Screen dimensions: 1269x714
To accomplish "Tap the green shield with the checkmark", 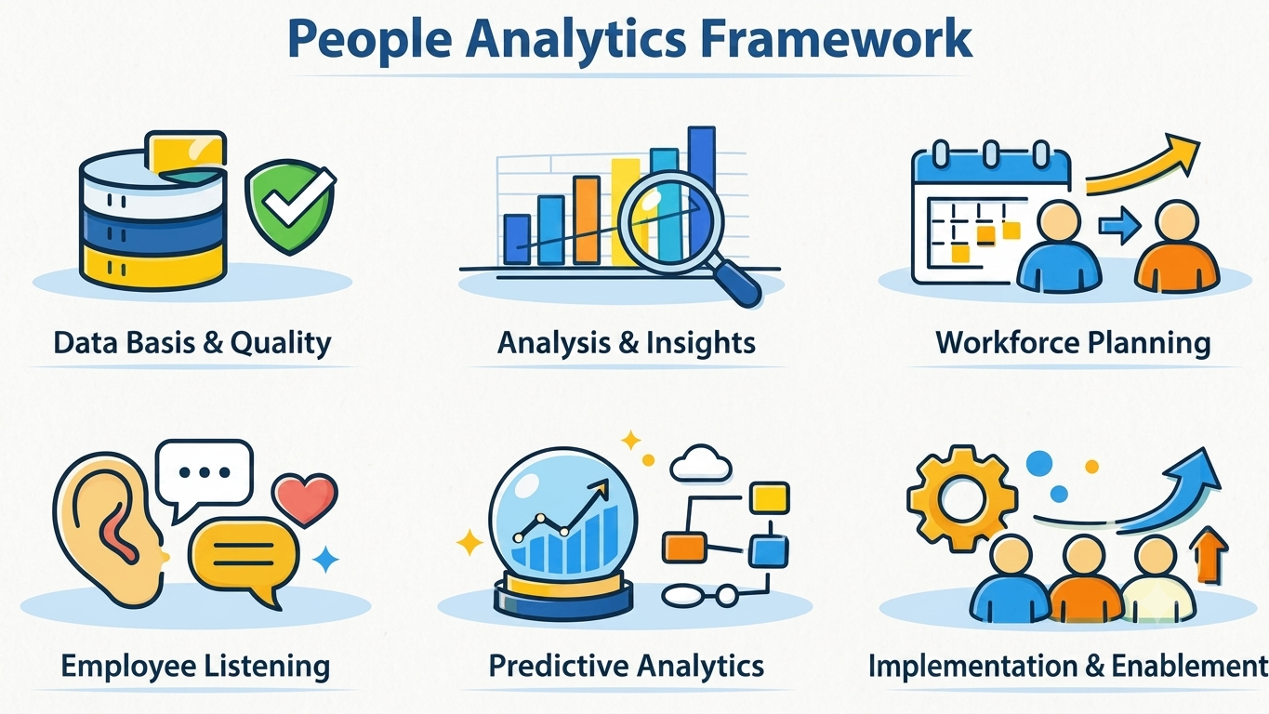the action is [x=290, y=206].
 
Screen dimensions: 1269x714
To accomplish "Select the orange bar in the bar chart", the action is [x=586, y=219].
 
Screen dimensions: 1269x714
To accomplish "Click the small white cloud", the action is [x=700, y=464].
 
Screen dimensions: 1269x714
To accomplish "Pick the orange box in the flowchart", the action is [x=684, y=548].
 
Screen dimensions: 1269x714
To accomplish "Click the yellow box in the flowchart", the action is [x=770, y=497].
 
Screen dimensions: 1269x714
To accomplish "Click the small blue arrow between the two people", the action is [x=1119, y=226].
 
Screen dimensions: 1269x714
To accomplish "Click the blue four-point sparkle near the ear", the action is [x=325, y=560].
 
